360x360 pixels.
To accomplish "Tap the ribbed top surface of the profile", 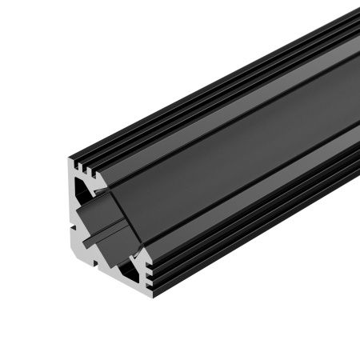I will pos(224,80).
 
